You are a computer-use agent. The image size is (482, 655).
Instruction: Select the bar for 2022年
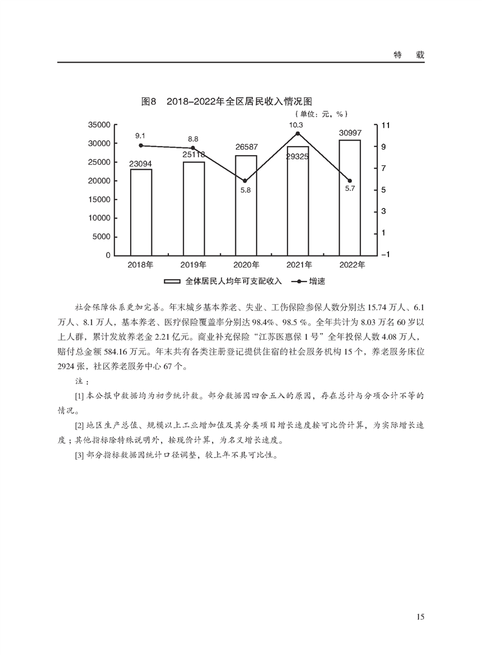click(x=349, y=197)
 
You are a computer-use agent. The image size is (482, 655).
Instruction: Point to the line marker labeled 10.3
click(x=298, y=133)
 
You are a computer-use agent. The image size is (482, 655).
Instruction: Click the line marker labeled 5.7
click(x=349, y=181)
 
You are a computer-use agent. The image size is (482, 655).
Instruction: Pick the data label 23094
click(x=141, y=164)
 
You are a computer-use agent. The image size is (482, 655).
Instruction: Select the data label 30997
click(x=349, y=133)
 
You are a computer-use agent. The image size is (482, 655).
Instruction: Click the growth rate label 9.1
click(x=140, y=135)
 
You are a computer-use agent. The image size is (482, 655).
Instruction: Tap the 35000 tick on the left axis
click(x=99, y=125)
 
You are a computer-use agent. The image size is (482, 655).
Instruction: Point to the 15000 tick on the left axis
click(x=99, y=199)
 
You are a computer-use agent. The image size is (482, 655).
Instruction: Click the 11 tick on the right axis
click(x=384, y=125)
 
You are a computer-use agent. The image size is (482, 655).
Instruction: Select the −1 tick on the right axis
click(x=384, y=255)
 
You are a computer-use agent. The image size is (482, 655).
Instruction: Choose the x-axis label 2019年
click(x=193, y=265)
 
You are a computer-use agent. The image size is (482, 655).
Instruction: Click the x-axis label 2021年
click(x=298, y=265)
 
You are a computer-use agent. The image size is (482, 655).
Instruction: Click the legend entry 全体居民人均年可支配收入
click(x=227, y=282)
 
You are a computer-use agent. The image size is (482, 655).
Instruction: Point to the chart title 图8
click(x=150, y=102)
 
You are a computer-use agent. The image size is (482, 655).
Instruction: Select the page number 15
click(x=420, y=617)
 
